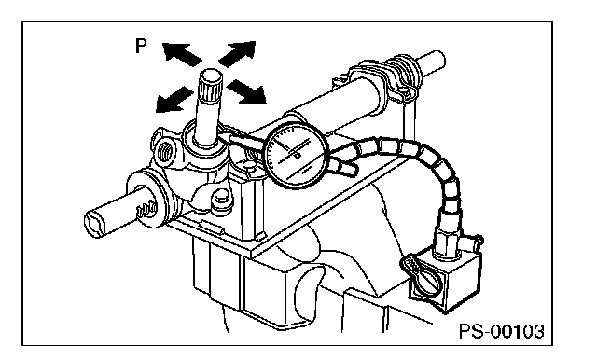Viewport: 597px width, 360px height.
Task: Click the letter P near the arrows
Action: coord(141,47)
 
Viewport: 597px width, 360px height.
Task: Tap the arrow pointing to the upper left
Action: coord(182,54)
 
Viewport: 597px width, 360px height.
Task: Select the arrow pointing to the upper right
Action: coord(236,54)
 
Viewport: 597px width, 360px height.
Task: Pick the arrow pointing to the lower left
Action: coord(174,100)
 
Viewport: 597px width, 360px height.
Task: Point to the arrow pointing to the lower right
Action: coord(246,91)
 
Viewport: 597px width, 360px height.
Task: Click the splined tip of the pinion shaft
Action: coord(211,85)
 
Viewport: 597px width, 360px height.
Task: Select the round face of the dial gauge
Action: coord(297,155)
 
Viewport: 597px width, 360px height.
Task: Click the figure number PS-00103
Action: coord(502,331)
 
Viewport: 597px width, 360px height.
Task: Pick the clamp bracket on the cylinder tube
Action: coord(388,80)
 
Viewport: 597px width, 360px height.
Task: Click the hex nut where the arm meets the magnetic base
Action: coord(446,242)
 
